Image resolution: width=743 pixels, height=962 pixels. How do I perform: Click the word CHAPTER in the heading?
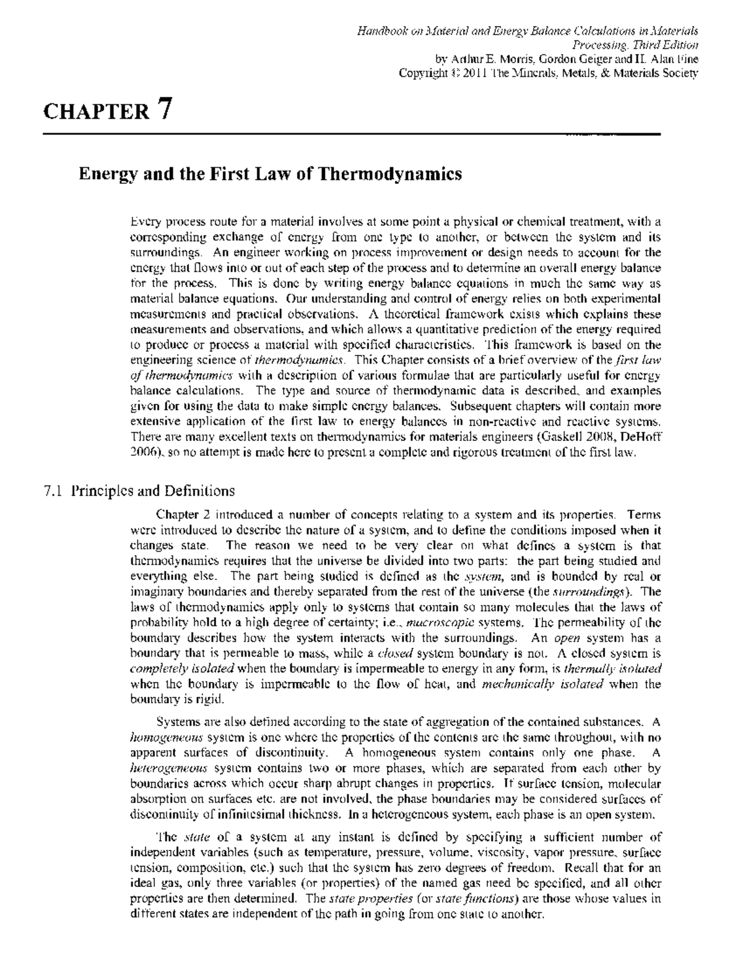[x=96, y=112]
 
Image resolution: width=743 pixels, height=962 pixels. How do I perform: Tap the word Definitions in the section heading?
[x=199, y=491]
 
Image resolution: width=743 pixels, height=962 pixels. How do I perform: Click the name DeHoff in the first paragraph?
[x=641, y=437]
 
